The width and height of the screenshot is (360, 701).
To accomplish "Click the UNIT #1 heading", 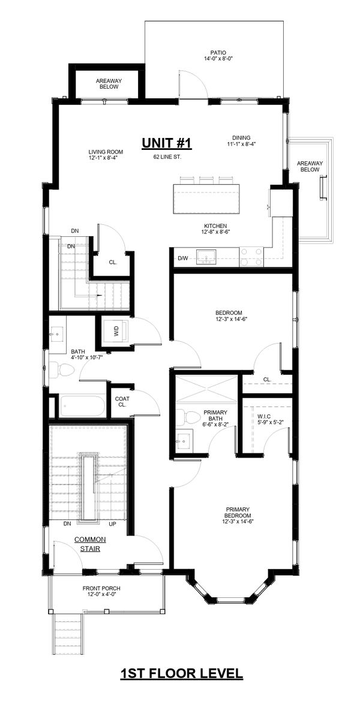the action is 167,143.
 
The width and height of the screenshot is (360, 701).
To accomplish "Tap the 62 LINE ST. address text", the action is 167,157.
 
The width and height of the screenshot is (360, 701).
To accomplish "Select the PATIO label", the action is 218,53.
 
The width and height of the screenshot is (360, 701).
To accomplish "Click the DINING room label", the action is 241,138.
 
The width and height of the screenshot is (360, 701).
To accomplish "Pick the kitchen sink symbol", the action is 206,257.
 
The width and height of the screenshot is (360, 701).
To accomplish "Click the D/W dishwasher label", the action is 183,258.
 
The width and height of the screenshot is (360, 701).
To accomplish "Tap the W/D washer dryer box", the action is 116,331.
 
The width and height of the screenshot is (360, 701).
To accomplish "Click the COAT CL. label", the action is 122,401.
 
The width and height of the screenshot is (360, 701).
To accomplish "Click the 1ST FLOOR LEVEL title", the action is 182,673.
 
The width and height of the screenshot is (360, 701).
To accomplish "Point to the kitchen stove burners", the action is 252,257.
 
